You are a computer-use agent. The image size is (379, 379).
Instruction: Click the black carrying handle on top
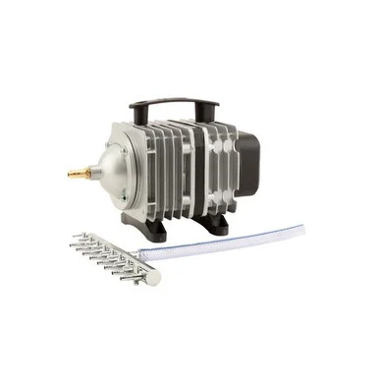[175, 100]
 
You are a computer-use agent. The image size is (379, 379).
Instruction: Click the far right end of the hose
[299, 229]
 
